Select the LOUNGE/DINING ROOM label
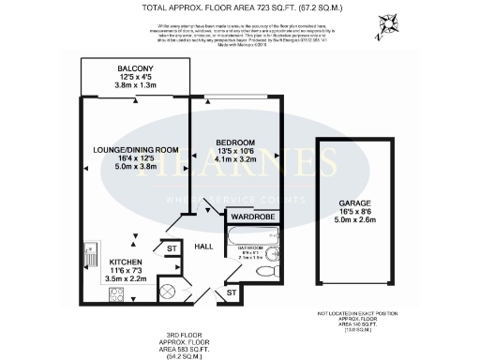click(135, 150)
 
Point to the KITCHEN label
click(125, 262)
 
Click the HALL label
click(202, 246)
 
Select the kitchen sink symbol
click(92, 255)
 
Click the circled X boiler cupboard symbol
click(168, 292)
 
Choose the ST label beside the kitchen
click(171, 249)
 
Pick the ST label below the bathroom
click(232, 294)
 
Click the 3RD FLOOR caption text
click(181, 334)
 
